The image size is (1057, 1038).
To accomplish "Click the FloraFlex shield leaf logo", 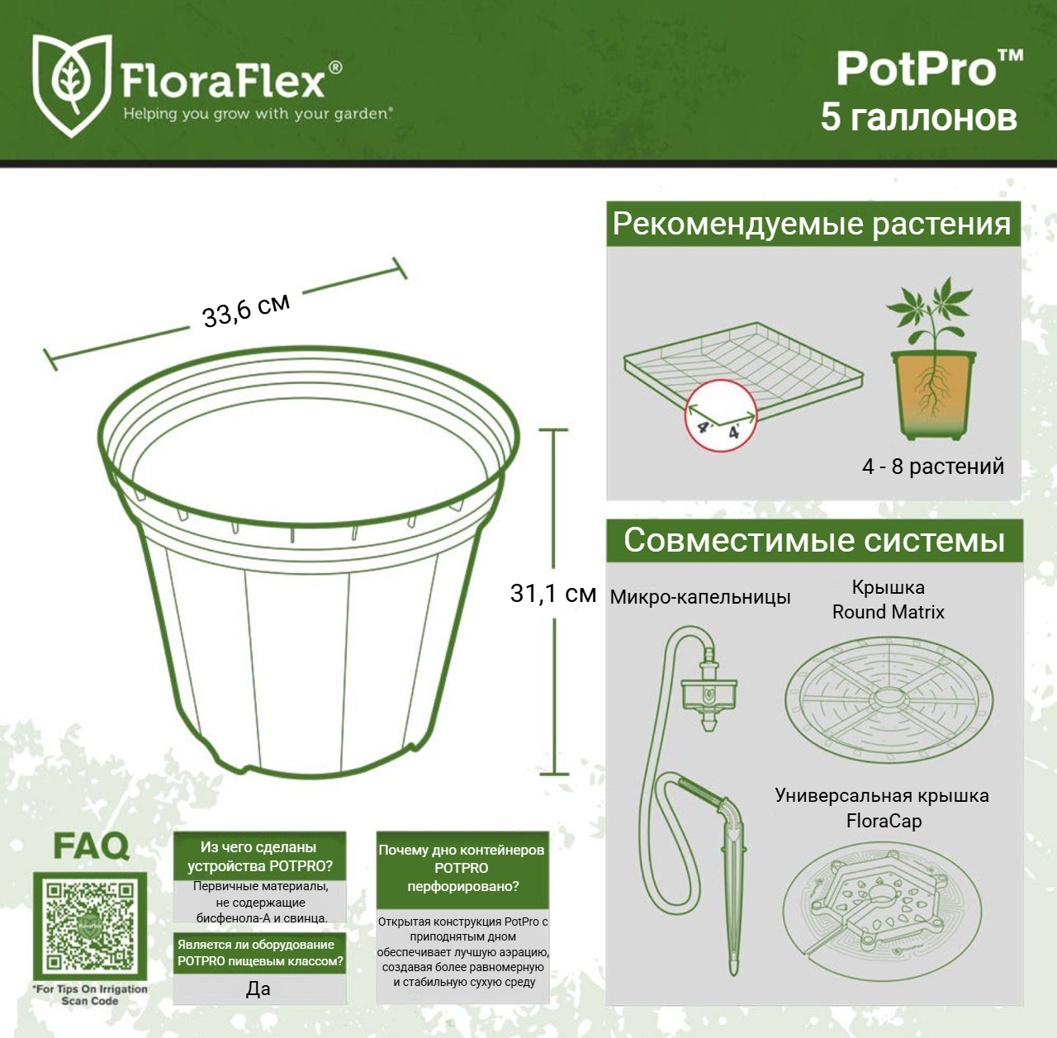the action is pos(72,85).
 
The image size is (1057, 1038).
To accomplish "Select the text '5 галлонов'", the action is pos(919,117).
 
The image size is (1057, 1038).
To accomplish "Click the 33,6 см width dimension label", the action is pos(246,310).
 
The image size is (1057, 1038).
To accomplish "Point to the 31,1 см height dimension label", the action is pos(553,594).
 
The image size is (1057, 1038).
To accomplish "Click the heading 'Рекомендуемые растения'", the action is pos(812,225).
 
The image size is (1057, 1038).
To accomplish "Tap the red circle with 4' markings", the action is pos(721,415).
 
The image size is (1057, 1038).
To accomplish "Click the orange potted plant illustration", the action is pos(932,358).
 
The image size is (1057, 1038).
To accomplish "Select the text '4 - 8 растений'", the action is pos(933,467).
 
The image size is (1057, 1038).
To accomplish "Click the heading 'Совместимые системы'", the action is pos(814,540).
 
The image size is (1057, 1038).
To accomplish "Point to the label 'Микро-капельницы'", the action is pos(700,597).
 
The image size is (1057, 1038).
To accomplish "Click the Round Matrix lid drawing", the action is pos(889,699).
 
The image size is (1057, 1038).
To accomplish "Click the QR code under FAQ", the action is pos(90,926).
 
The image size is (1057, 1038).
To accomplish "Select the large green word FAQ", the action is pos(91,846).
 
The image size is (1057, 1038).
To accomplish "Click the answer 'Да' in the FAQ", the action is pos(258,988).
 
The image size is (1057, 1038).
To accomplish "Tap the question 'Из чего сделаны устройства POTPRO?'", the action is pos(259,856).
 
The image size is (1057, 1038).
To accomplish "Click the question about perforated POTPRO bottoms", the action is pos(462,868).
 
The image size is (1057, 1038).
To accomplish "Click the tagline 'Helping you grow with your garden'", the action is pos(258,114).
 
